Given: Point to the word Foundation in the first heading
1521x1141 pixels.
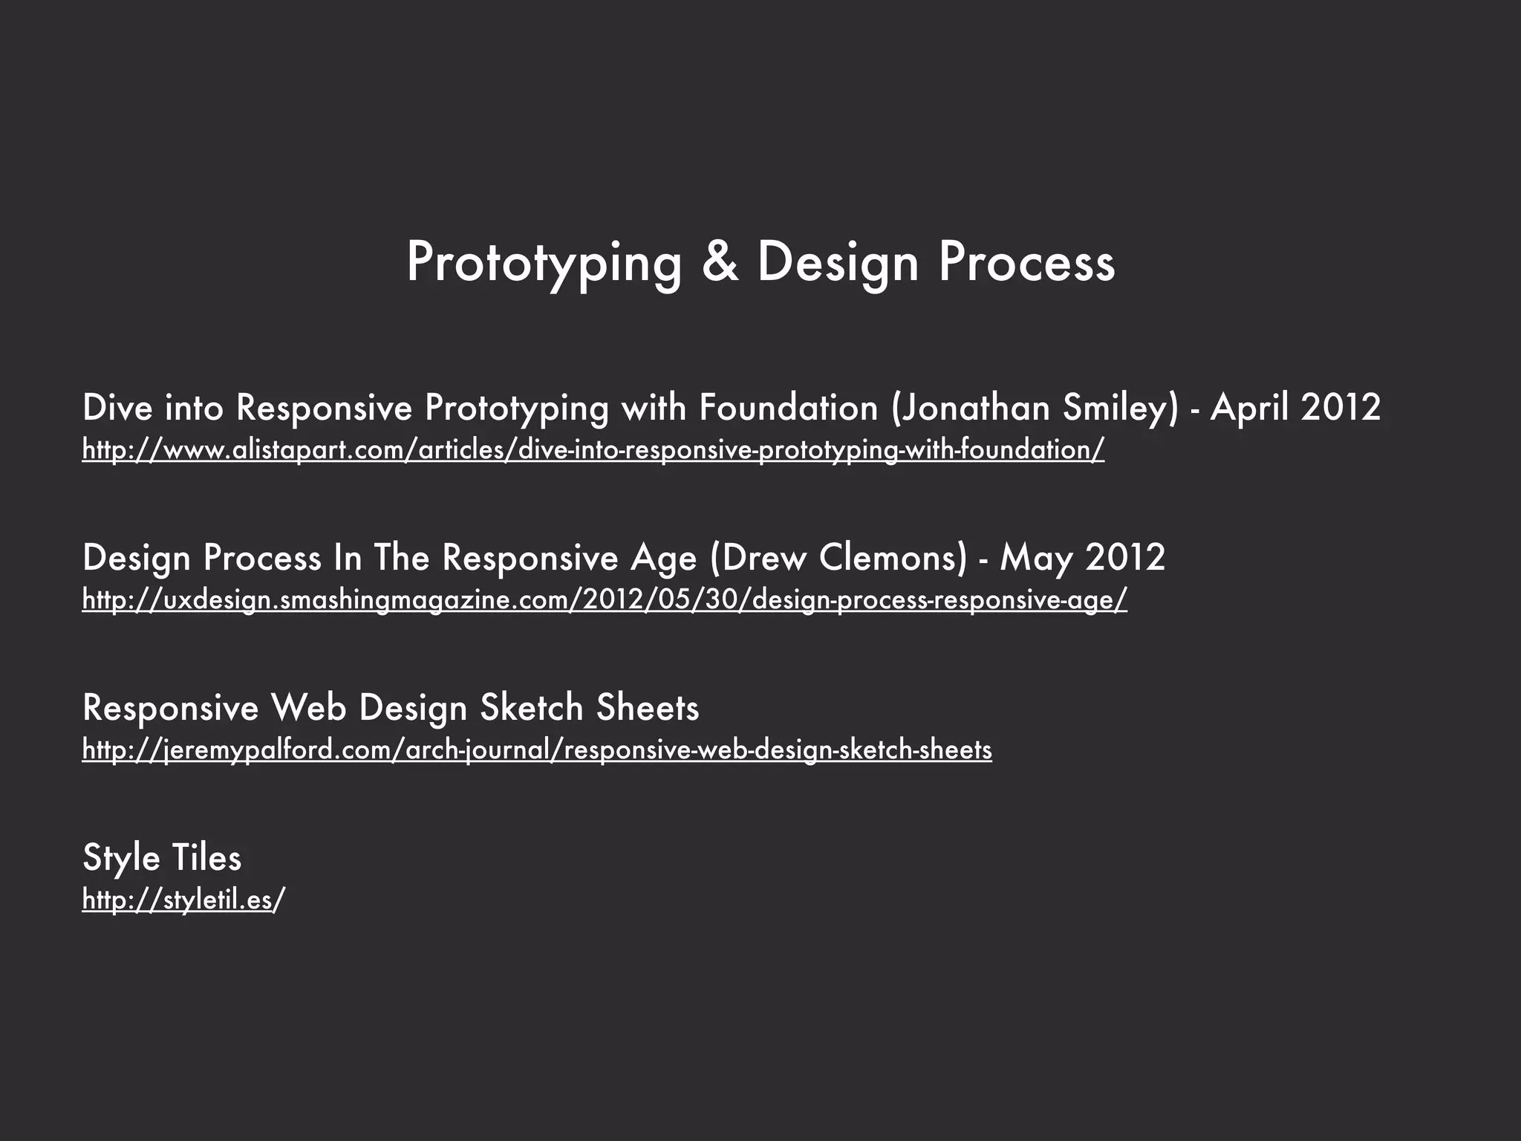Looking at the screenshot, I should point(788,408).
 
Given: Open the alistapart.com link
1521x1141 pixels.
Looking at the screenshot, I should point(593,449).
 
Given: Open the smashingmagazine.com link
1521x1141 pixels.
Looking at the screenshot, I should point(604,599).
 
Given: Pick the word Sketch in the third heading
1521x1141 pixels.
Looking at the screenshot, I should point(531,707).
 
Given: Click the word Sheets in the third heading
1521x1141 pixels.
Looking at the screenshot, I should point(647,707).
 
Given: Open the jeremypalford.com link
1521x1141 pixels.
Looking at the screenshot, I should point(536,750).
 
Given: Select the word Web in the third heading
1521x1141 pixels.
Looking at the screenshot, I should point(308,707).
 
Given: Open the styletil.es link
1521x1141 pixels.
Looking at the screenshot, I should point(183,900).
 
